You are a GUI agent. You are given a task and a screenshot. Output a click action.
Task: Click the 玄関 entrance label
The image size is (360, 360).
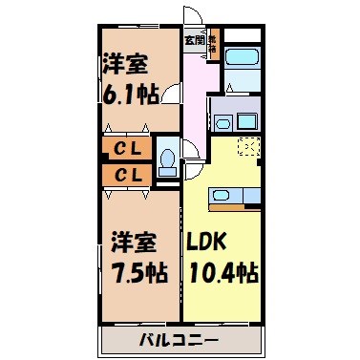194,40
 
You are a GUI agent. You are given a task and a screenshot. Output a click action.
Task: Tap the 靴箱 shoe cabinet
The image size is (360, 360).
213,46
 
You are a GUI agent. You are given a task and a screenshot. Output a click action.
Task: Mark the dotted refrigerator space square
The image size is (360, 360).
247,149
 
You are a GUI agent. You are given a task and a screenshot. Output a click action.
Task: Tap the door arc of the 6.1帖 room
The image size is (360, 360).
172,94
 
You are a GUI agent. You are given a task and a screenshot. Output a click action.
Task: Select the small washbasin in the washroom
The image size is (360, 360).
222,122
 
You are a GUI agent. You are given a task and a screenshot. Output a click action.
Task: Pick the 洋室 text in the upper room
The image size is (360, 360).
124,67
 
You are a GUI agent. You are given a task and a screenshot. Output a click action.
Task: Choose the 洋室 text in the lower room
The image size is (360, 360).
126,238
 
